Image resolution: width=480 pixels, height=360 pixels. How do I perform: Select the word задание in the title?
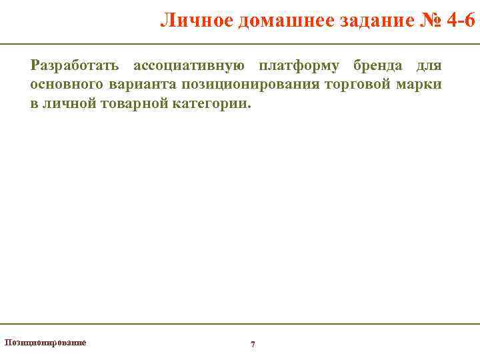362,21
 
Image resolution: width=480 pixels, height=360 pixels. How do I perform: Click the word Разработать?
75,66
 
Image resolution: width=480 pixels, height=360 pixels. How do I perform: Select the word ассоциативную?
189,66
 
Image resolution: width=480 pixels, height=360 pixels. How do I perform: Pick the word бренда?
377,66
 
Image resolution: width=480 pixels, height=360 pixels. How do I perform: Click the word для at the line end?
429,66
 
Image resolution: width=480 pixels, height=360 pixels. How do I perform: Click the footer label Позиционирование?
45,342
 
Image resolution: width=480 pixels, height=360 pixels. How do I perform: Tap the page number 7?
253,344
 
